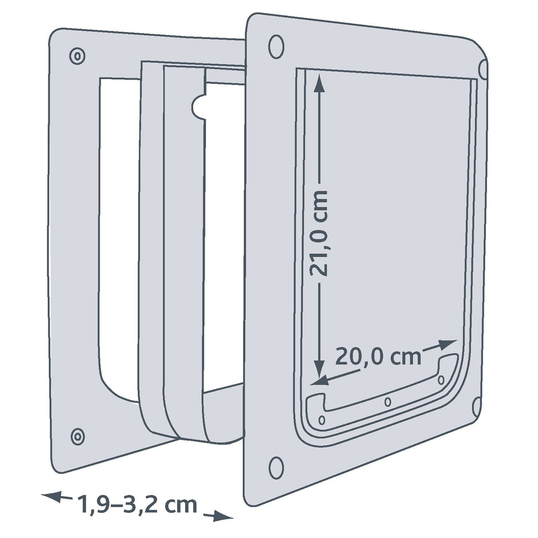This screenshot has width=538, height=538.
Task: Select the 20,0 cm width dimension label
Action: click(x=378, y=357)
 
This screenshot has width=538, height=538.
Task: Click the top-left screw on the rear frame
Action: click(x=77, y=56)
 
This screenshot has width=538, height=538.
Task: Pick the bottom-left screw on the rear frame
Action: click(x=78, y=436)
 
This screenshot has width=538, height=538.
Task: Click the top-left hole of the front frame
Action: click(x=276, y=46)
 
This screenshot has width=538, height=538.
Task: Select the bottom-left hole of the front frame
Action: click(x=276, y=468)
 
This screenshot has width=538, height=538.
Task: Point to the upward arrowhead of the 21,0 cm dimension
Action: click(x=319, y=82)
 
